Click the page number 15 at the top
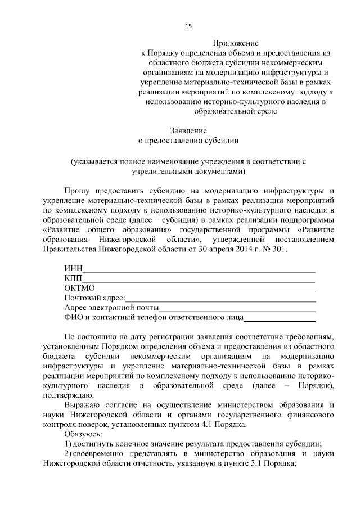click(x=188, y=26)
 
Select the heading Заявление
click(x=188, y=130)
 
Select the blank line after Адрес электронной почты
click(x=237, y=308)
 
